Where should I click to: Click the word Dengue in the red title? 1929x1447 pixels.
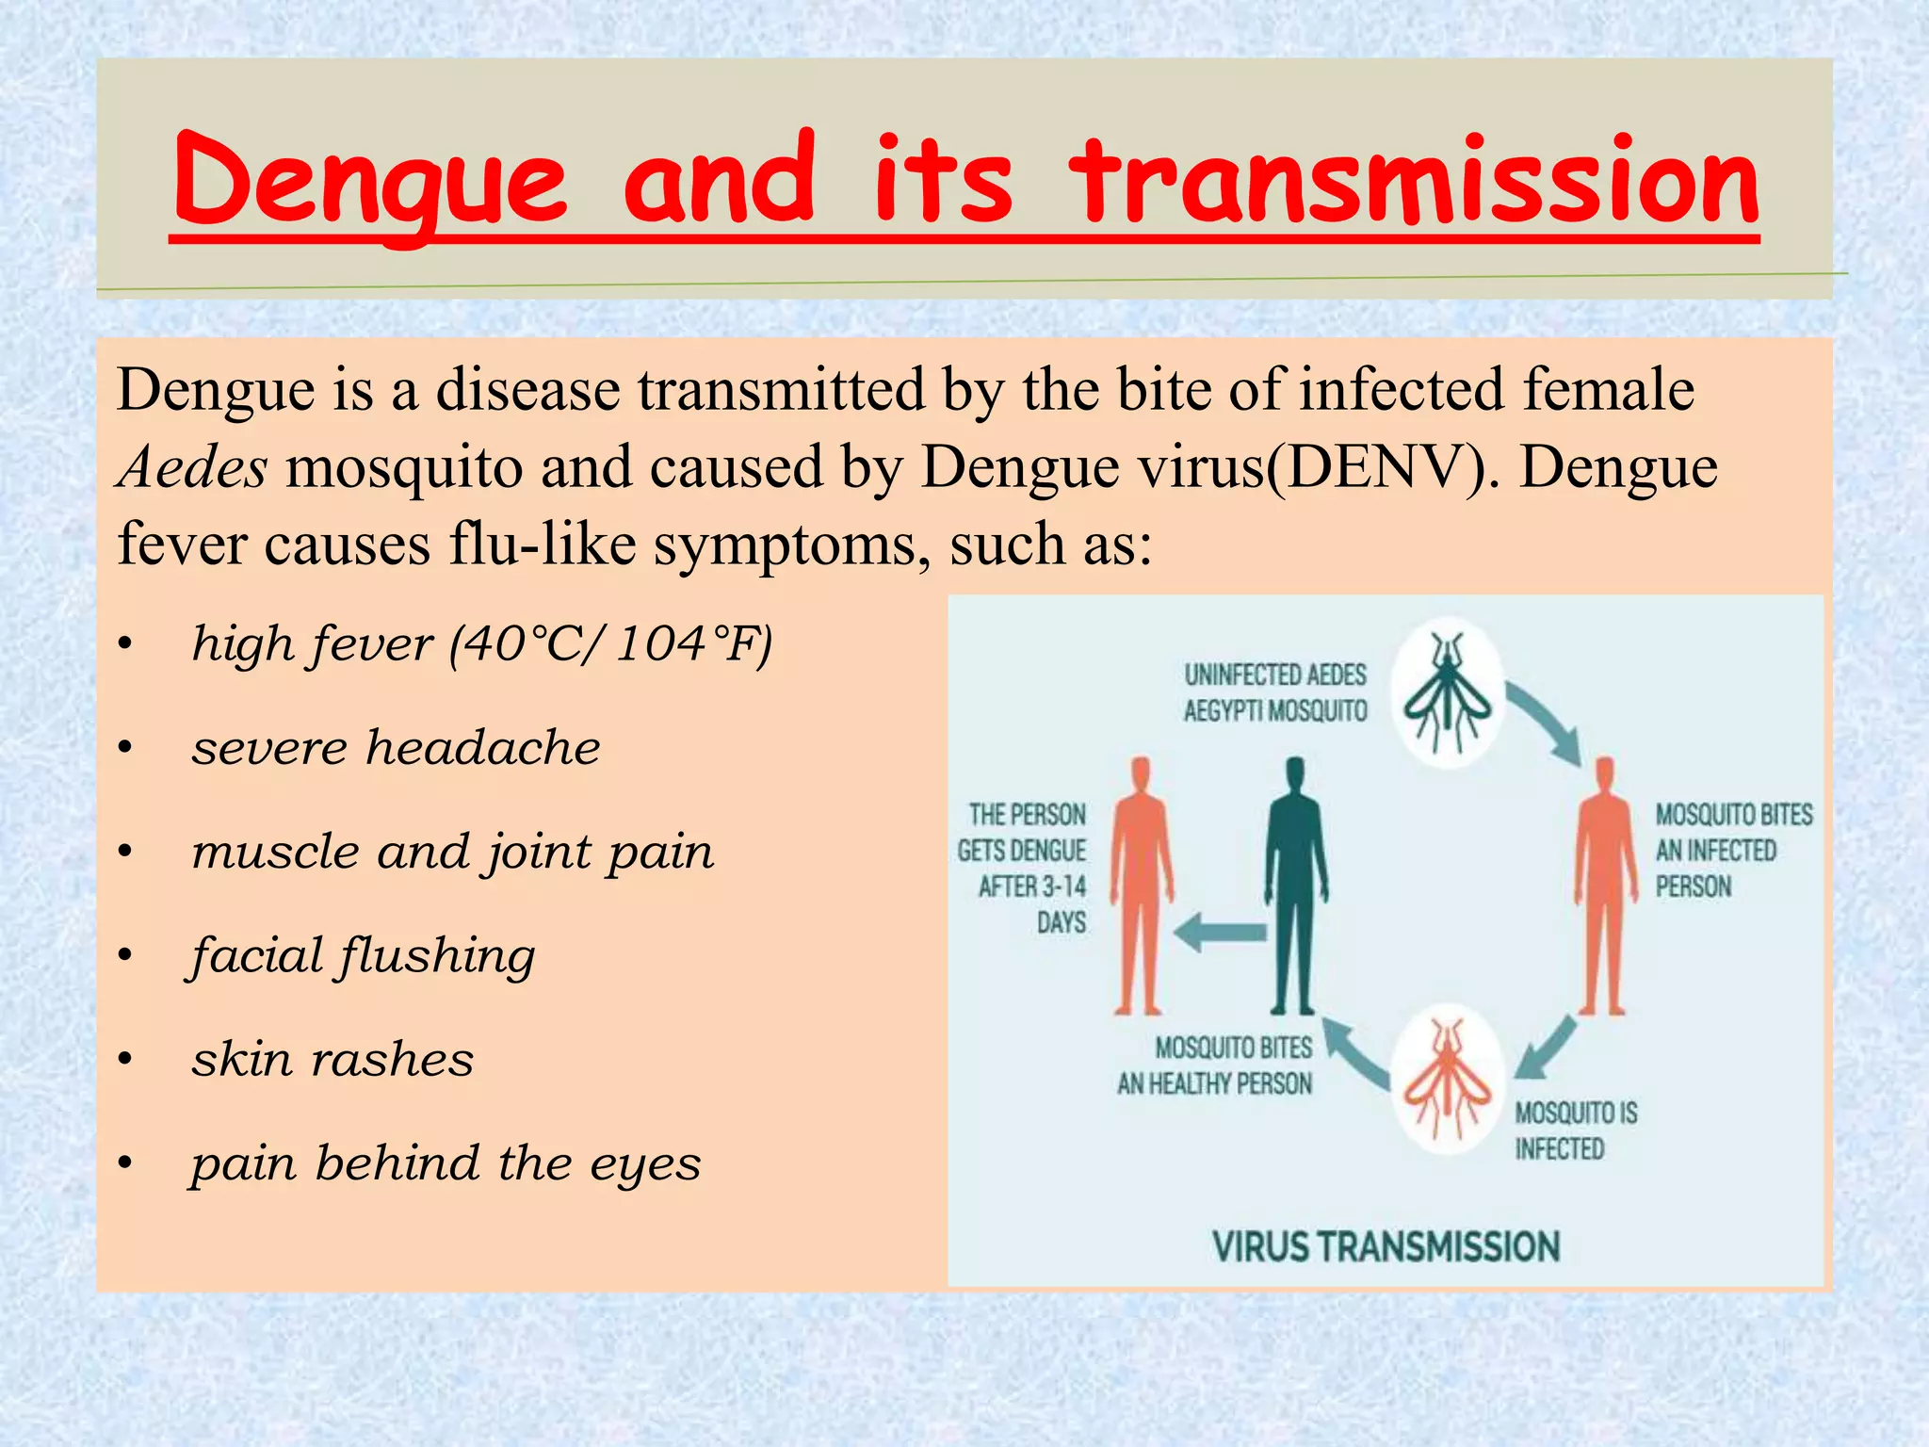[370, 181]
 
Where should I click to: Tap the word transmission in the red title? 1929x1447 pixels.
[1413, 181]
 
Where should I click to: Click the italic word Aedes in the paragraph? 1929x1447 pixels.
[192, 467]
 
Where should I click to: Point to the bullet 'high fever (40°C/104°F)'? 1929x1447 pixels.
[481, 645]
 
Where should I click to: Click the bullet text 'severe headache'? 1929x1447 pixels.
[396, 749]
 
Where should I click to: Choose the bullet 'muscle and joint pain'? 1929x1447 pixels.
[452, 853]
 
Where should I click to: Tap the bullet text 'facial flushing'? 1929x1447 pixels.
[363, 956]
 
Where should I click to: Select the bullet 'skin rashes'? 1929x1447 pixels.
[332, 1060]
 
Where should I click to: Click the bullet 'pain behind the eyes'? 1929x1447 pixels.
[446, 1164]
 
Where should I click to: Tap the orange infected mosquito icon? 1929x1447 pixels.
[1448, 1079]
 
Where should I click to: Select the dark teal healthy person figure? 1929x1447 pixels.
[1296, 886]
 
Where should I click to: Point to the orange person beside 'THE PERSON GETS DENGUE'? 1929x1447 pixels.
[1141, 886]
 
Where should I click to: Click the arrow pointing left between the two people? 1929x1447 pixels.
[1221, 933]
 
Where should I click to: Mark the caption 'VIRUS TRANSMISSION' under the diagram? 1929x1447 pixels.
[1386, 1247]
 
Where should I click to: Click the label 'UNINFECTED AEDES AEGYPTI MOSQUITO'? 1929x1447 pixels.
[1275, 692]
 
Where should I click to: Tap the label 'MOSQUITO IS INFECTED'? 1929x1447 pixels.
[1575, 1131]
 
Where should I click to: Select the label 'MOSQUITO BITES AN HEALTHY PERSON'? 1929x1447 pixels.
[1215, 1065]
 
